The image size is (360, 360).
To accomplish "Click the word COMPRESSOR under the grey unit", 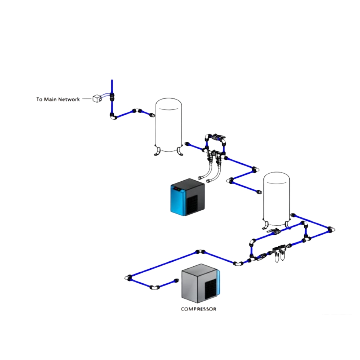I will tap(199, 309).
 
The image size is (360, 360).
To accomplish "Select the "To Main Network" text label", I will tap(58, 99).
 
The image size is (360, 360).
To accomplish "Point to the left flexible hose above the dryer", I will tap(205, 172).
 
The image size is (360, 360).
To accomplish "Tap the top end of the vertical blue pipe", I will tap(112, 81).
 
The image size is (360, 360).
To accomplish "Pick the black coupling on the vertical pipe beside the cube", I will tap(112, 97).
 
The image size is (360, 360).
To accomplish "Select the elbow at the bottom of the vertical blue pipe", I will tap(113, 116).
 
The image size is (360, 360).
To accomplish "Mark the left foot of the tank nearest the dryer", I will tap(157, 152).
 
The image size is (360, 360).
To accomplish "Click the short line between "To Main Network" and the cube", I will tap(87, 99).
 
